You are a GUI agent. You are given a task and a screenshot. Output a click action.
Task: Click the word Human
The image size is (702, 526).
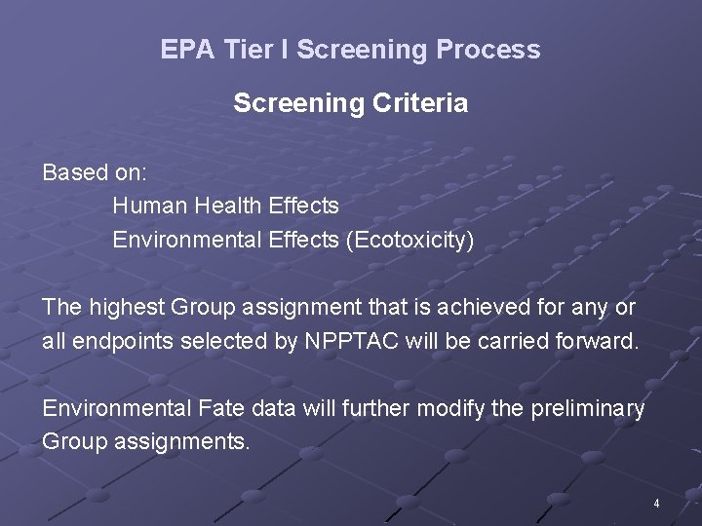[148, 206]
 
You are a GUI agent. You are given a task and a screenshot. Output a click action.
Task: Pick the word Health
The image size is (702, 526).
[226, 206]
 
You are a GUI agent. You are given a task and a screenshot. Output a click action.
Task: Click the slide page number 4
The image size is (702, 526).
[657, 504]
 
